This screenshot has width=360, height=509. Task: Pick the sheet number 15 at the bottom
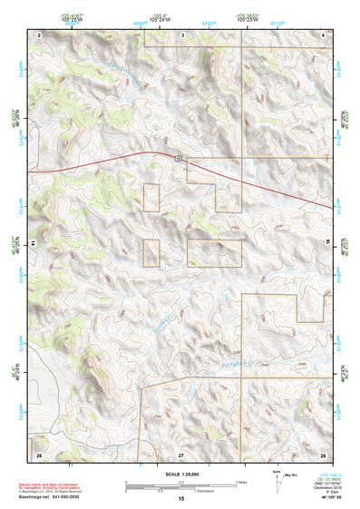181,499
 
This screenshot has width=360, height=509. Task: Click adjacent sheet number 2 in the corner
39,34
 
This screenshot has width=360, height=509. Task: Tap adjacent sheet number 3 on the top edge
182,34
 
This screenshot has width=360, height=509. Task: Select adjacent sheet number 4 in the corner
324,34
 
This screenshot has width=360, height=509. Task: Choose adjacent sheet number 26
39,452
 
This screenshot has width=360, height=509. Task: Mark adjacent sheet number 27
181,453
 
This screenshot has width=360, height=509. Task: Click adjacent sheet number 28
323,452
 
